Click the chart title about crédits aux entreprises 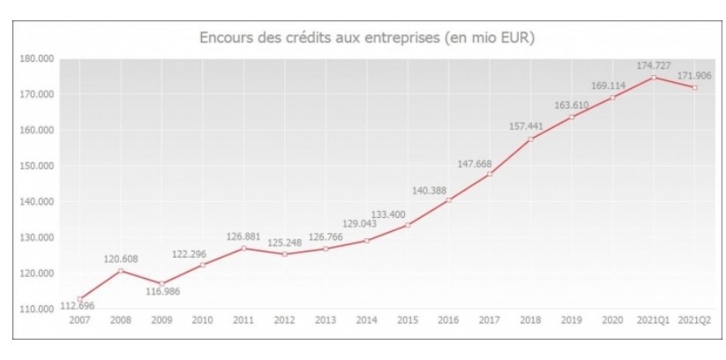[x=368, y=38]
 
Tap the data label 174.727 [x=655, y=65]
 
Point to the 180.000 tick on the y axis [x=36, y=58]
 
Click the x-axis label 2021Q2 [x=695, y=319]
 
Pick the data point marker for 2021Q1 [x=654, y=77]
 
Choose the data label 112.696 [x=78, y=306]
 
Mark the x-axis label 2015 [x=408, y=319]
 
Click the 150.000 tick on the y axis [x=36, y=166]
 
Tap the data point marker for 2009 [x=161, y=283]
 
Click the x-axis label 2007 [x=79, y=319]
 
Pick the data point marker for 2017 [x=490, y=174]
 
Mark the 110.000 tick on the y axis [x=36, y=309]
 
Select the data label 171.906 [x=695, y=76]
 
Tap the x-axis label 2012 [x=285, y=319]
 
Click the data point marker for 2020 [x=612, y=97]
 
